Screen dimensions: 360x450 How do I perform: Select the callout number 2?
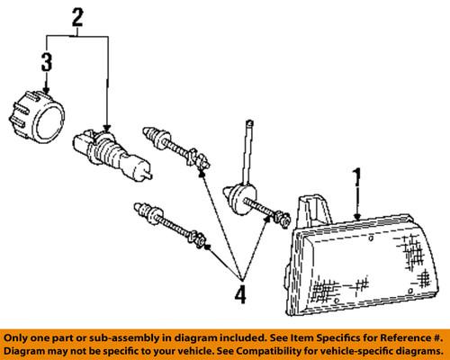(x=77, y=15)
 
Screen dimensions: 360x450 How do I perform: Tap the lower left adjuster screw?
(x=172, y=226)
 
